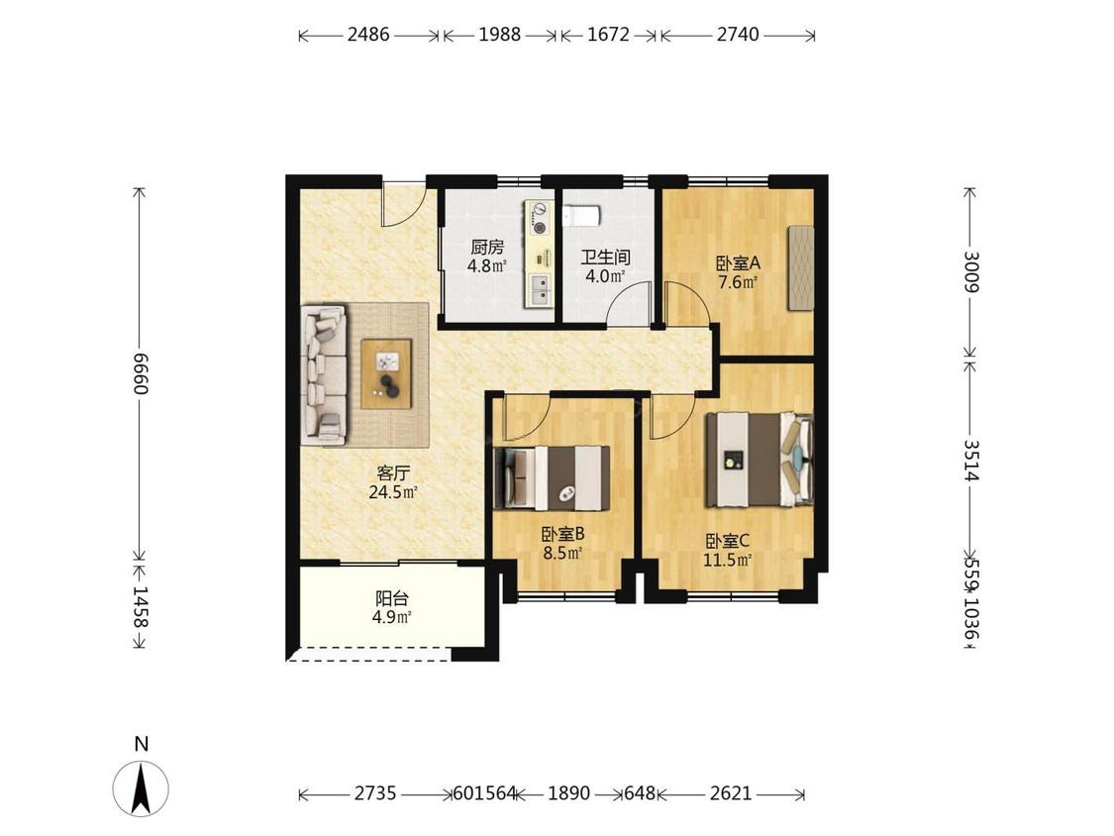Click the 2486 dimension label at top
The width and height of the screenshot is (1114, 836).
(x=368, y=34)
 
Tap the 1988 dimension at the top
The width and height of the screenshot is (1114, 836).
(x=499, y=34)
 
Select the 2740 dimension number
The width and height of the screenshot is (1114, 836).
(x=738, y=34)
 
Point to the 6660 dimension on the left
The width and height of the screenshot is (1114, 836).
(x=140, y=374)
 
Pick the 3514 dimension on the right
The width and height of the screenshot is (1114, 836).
(x=971, y=460)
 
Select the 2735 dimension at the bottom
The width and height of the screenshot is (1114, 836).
(x=375, y=792)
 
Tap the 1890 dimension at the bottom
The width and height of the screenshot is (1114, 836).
(x=568, y=792)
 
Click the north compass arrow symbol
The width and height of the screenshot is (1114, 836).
(x=141, y=787)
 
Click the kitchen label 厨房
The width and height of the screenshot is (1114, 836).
(x=487, y=248)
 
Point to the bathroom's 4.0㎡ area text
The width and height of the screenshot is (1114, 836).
(x=605, y=276)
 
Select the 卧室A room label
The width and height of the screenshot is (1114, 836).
(x=738, y=263)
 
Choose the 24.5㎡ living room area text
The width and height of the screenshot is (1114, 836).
(x=392, y=492)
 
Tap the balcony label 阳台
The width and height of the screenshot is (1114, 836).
(x=391, y=598)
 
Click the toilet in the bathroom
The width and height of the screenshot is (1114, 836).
(x=582, y=216)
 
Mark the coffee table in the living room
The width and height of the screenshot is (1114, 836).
(x=386, y=374)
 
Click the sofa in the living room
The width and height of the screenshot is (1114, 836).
(x=324, y=374)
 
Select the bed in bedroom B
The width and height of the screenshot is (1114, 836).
(x=552, y=477)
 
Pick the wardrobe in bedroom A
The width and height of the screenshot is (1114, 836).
(x=800, y=268)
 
